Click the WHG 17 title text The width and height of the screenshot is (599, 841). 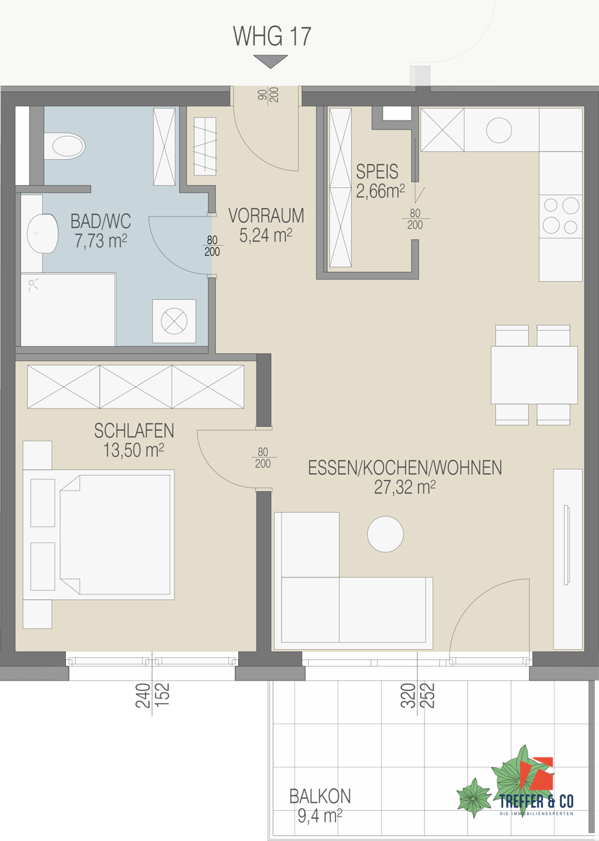272,36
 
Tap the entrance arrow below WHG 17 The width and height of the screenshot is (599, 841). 270,61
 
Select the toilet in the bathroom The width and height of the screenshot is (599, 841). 64,146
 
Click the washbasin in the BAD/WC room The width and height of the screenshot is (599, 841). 43,233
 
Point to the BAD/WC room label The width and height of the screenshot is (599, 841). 101,221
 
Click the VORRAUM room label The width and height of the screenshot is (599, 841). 266,216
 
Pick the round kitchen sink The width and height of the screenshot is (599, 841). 499,130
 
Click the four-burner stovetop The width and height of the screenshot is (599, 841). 560,216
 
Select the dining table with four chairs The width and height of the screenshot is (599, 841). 534,375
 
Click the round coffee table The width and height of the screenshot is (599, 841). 385,533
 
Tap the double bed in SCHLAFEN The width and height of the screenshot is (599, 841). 98,535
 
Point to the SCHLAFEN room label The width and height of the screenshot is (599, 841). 134,430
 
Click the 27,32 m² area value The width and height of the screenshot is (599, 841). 405,487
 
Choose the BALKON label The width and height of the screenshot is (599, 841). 320,796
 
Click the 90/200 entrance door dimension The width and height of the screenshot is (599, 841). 268,95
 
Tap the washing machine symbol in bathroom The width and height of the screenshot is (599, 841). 174,321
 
